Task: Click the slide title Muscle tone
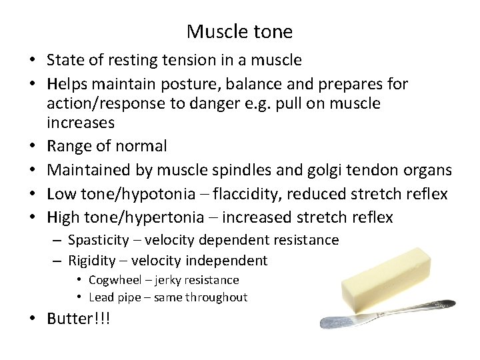click(239, 31)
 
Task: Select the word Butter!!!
click(78, 319)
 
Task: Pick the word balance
click(255, 84)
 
